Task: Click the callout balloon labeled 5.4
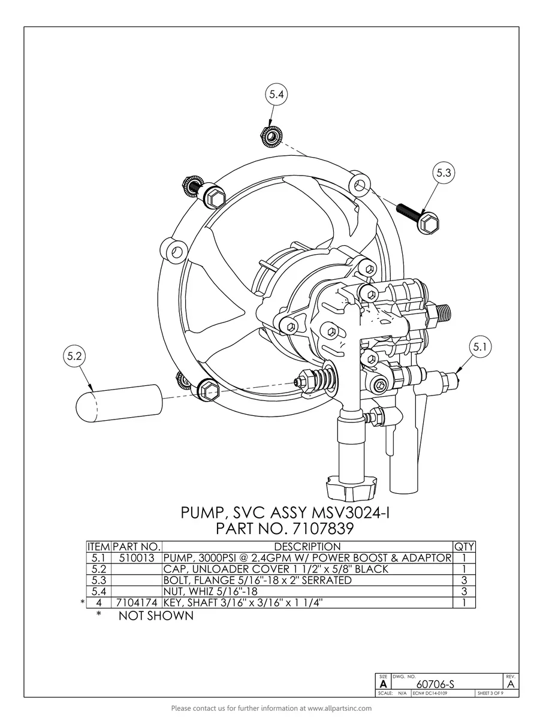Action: pyautogui.click(x=277, y=95)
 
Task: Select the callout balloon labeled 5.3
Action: pyautogui.click(x=444, y=173)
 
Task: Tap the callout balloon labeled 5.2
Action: pyautogui.click(x=75, y=355)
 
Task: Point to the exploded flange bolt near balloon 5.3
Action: pyautogui.click(x=420, y=218)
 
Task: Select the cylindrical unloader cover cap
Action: pyautogui.click(x=119, y=402)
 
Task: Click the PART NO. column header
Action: pyautogui.click(x=137, y=547)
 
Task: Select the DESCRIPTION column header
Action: pyautogui.click(x=307, y=547)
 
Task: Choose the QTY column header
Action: pyautogui.click(x=464, y=547)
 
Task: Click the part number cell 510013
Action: pyautogui.click(x=137, y=558)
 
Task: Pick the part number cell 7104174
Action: pyautogui.click(x=137, y=602)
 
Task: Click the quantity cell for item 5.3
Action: pyautogui.click(x=464, y=580)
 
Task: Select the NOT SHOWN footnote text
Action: pyautogui.click(x=156, y=616)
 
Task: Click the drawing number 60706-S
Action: pyautogui.click(x=435, y=684)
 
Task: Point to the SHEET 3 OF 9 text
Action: pyautogui.click(x=490, y=693)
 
